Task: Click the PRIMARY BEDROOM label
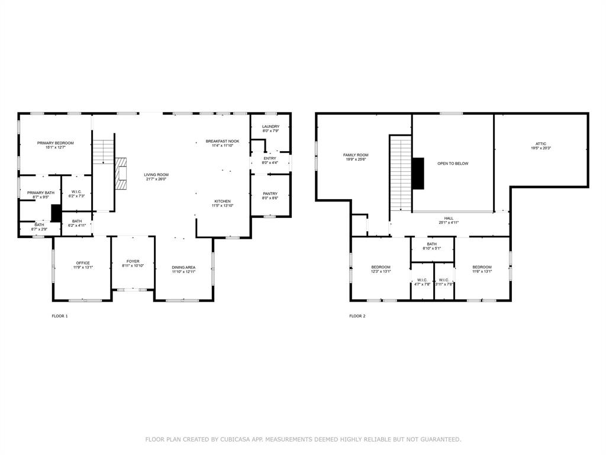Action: (55, 143)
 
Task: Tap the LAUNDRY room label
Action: (270, 126)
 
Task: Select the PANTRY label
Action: (270, 194)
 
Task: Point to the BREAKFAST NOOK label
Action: (223, 141)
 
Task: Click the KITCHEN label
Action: (223, 201)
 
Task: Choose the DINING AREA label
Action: (183, 268)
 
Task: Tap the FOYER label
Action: (133, 261)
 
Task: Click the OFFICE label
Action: (83, 263)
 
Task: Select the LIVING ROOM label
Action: (156, 175)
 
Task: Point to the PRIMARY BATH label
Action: (40, 193)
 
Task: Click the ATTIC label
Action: (541, 143)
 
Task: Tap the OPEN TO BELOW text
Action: (453, 164)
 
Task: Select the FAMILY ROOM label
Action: (356, 155)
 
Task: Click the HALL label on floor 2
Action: (449, 219)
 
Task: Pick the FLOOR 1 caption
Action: (60, 316)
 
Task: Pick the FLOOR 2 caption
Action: (357, 316)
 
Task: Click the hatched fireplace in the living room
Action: (121, 173)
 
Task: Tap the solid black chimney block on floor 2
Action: (418, 173)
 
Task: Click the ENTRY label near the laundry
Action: (270, 158)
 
